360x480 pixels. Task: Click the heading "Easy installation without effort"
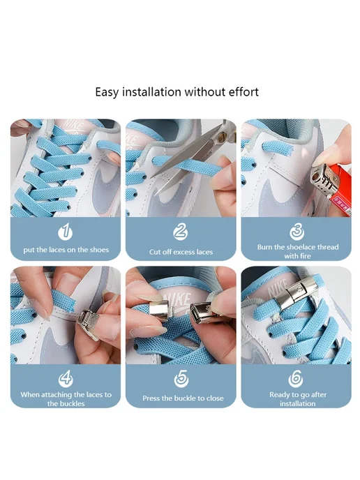pos(177,92)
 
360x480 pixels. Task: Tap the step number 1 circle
pos(65,232)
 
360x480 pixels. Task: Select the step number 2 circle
pos(181,232)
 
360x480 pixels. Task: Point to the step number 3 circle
pos(297,232)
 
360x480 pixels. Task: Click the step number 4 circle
pos(66,379)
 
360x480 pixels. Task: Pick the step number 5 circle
pos(181,379)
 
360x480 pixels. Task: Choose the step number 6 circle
pos(296,379)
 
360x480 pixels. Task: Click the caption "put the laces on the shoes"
pos(66,250)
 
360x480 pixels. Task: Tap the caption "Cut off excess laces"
pos(181,252)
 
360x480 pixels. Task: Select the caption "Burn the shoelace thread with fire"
pos(297,251)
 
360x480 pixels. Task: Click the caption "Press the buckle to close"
pos(183,398)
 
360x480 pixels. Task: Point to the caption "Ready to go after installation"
pos(297,399)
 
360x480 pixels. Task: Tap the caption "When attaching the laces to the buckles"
pos(66,399)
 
